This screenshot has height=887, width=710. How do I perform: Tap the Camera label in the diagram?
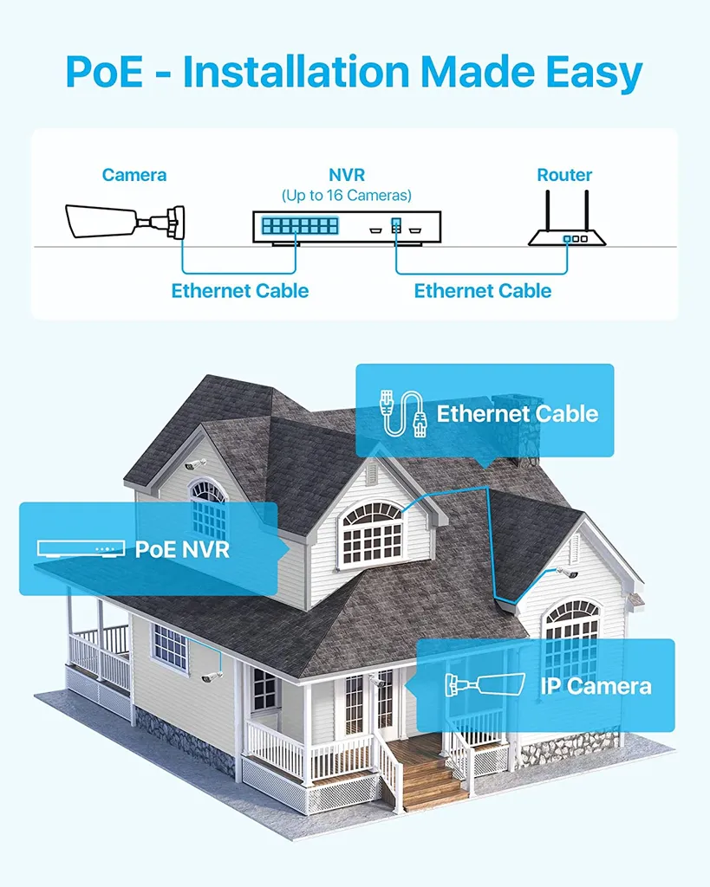tap(134, 175)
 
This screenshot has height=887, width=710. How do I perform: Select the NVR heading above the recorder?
tap(346, 175)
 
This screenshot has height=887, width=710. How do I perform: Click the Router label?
tap(564, 175)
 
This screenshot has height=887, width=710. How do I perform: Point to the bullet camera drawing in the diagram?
tap(126, 220)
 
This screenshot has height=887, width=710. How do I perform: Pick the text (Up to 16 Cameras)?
tap(346, 196)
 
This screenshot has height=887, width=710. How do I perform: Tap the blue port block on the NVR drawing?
tap(299, 227)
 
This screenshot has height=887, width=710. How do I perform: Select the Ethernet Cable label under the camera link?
tap(240, 290)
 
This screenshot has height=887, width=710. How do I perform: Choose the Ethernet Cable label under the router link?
tap(483, 290)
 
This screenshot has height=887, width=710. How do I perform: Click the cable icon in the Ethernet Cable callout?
tap(404, 412)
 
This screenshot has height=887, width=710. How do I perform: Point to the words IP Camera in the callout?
tap(596, 687)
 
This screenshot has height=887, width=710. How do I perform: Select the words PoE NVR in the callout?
tap(182, 549)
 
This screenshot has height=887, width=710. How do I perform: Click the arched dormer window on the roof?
tap(372, 532)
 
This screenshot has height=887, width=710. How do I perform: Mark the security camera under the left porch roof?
tap(211, 676)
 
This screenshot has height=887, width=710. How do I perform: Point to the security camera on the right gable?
tap(568, 573)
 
